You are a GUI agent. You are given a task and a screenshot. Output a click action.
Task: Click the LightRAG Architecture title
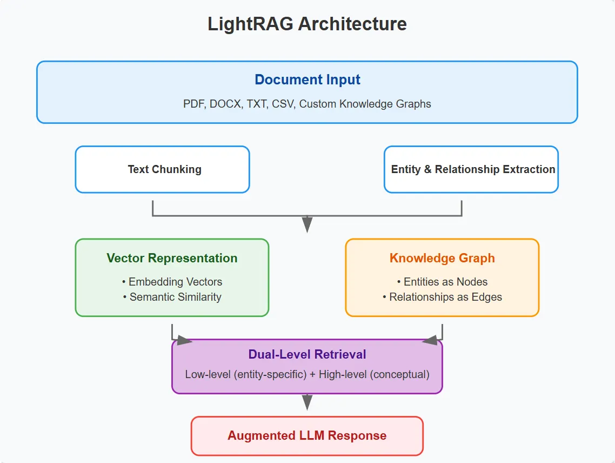(307, 24)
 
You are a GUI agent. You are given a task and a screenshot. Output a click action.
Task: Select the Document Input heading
(307, 80)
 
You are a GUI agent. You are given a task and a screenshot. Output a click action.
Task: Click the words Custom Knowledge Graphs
(365, 104)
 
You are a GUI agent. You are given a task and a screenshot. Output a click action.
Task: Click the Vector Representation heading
(172, 258)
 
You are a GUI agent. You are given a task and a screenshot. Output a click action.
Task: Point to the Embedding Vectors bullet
(172, 282)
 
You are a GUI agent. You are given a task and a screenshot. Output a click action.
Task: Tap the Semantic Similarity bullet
(172, 297)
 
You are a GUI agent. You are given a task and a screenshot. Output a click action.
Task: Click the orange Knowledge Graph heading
(442, 258)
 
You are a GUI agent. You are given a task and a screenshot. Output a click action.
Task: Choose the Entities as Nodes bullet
(442, 282)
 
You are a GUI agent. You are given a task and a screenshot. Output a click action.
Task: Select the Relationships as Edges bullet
(442, 297)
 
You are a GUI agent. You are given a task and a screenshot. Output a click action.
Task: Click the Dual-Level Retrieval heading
(307, 355)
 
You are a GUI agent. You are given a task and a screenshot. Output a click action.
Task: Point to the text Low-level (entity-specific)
(245, 374)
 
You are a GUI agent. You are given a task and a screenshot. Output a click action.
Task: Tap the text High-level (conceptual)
(374, 374)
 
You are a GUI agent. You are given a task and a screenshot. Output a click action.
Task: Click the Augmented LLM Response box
(307, 436)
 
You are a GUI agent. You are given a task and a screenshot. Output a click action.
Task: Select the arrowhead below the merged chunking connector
(307, 224)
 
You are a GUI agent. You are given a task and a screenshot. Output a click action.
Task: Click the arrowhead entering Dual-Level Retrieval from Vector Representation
(184, 340)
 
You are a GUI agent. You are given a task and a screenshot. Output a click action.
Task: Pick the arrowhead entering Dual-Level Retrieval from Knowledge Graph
(430, 340)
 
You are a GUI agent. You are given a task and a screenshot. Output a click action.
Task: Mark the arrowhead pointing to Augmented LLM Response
(307, 402)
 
